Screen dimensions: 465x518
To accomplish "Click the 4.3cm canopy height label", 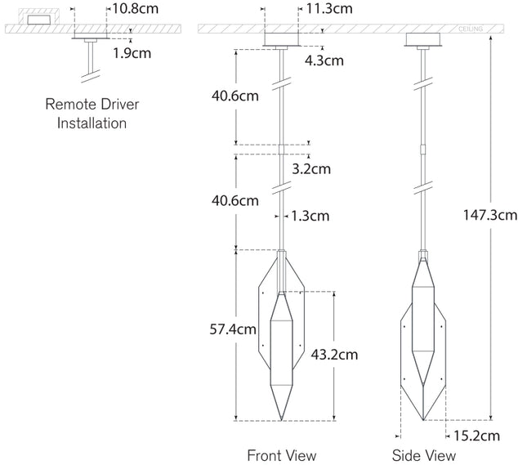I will coord(325,60).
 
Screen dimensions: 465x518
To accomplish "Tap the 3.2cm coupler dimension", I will coord(311,169).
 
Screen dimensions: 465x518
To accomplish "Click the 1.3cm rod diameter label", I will coord(310,217).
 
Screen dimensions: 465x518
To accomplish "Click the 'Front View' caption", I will coord(281,455).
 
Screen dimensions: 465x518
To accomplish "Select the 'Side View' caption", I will coord(423,455).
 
